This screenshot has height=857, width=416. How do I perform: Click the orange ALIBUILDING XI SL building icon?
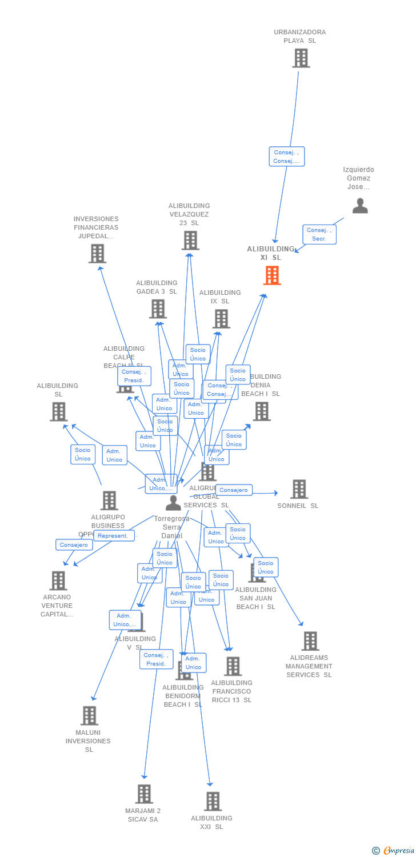[x=272, y=275]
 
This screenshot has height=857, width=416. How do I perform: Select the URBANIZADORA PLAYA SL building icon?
[x=301, y=58]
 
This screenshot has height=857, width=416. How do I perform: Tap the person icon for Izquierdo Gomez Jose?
[x=360, y=206]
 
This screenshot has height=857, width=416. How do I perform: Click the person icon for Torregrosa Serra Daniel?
[x=173, y=503]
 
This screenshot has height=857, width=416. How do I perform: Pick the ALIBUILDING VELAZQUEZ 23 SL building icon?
[x=190, y=241]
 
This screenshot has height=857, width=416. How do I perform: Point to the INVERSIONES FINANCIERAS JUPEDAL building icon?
[x=97, y=254]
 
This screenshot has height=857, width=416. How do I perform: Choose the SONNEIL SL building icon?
[x=299, y=489]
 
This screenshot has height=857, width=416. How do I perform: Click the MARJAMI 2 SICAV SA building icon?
[x=144, y=794]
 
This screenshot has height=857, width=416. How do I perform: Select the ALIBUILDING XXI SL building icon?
[x=213, y=802]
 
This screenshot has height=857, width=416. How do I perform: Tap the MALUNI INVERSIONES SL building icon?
[x=89, y=716]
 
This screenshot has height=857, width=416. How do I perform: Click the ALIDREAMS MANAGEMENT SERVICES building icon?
[x=310, y=641]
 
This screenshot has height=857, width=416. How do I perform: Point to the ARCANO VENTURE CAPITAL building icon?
[x=58, y=580]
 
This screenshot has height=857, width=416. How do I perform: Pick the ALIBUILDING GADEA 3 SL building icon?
[x=158, y=309]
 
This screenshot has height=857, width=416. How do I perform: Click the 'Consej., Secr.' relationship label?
[x=319, y=234]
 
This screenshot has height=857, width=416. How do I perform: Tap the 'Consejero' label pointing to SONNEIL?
[x=234, y=490]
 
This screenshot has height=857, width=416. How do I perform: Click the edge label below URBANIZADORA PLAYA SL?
[x=286, y=157]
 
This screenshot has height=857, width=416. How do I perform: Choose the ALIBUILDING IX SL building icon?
[x=221, y=319]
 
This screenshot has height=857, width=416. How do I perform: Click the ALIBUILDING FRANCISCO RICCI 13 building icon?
[x=233, y=666]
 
